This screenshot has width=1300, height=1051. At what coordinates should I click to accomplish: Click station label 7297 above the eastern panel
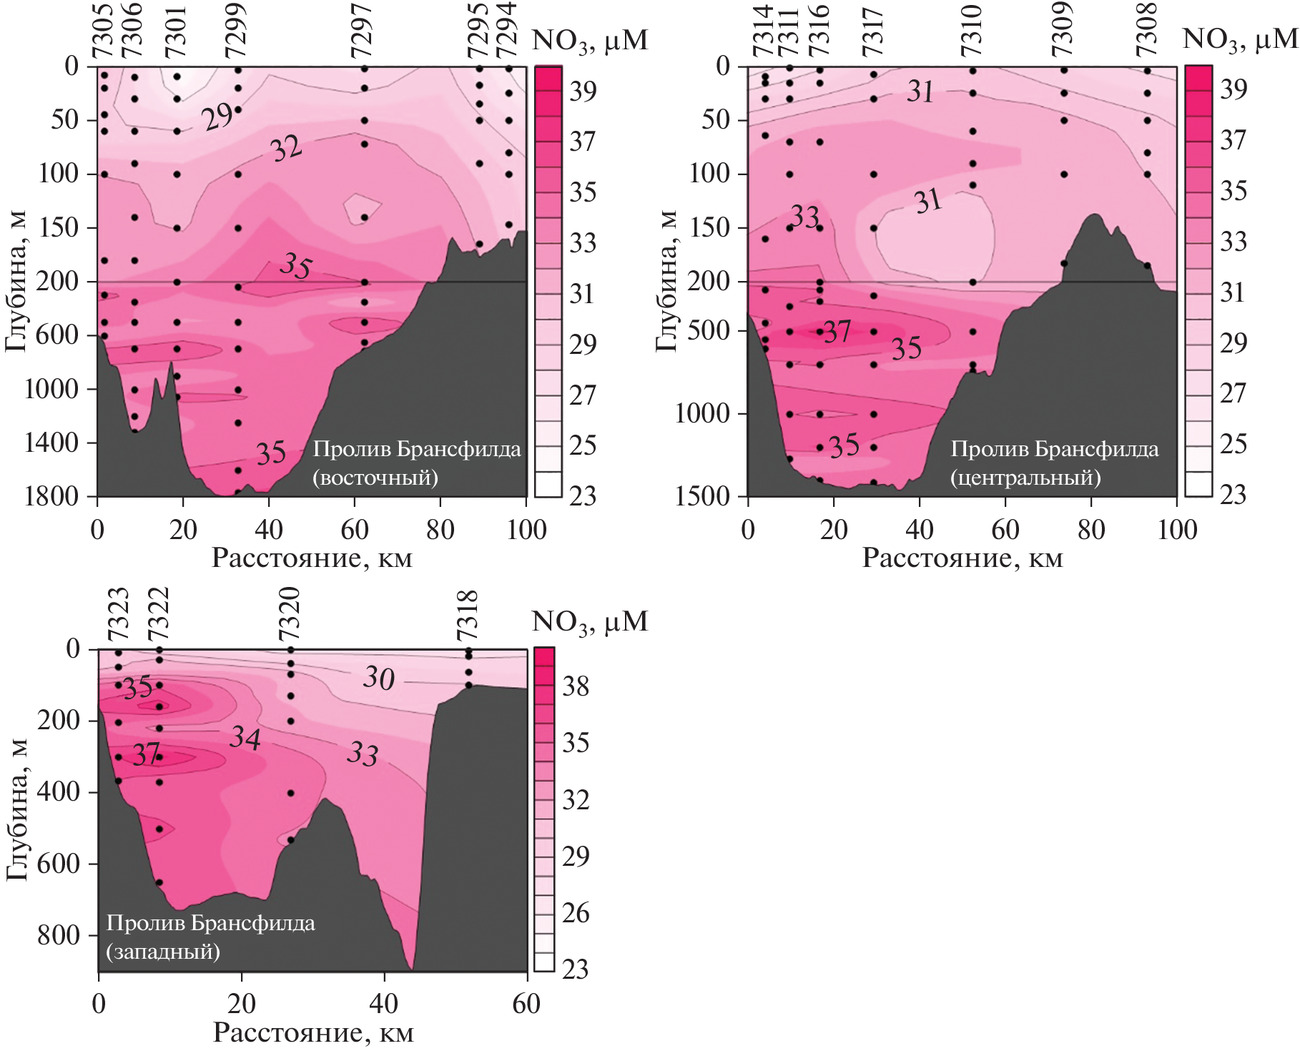(362, 30)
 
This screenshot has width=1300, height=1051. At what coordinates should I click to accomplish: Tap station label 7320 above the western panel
(289, 614)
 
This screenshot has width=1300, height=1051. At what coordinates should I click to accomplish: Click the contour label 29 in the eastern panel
(217, 117)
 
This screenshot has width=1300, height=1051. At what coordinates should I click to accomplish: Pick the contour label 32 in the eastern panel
(286, 149)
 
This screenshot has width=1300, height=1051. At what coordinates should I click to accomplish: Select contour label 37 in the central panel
(837, 332)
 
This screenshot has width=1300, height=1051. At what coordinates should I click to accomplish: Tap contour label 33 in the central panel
(805, 216)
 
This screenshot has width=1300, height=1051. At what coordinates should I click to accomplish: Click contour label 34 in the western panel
(245, 738)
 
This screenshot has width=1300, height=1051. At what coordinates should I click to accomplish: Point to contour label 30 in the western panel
(378, 678)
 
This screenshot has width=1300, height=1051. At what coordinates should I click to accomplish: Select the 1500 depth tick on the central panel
(701, 496)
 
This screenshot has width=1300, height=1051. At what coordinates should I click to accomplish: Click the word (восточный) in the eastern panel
(375, 478)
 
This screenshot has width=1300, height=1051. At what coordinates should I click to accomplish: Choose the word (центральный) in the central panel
(1025, 478)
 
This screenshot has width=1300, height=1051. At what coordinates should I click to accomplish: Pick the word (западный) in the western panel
(163, 952)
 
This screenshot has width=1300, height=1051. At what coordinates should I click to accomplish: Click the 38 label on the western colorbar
(576, 687)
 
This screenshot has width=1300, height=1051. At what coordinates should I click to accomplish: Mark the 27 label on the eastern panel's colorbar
(582, 395)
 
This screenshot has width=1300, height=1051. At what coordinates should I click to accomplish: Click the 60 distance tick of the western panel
(526, 1004)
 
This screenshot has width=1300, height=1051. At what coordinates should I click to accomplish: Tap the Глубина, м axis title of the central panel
(666, 281)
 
